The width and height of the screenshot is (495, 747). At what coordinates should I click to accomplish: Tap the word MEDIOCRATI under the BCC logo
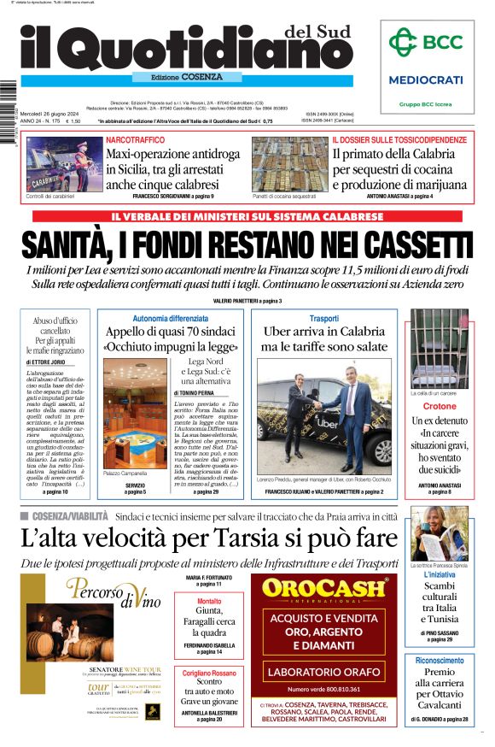pyautogui.click(x=426, y=79)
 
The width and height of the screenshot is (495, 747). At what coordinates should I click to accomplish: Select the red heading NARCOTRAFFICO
pyautogui.click(x=136, y=139)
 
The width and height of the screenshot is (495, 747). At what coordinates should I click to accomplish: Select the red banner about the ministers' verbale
pyautogui.click(x=247, y=216)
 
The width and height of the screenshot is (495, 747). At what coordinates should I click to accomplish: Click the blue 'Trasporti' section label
pyautogui.click(x=323, y=318)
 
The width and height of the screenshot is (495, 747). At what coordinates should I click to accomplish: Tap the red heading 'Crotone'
pyautogui.click(x=440, y=406)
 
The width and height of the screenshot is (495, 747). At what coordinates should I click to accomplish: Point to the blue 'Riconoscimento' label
pyautogui.click(x=440, y=661)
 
